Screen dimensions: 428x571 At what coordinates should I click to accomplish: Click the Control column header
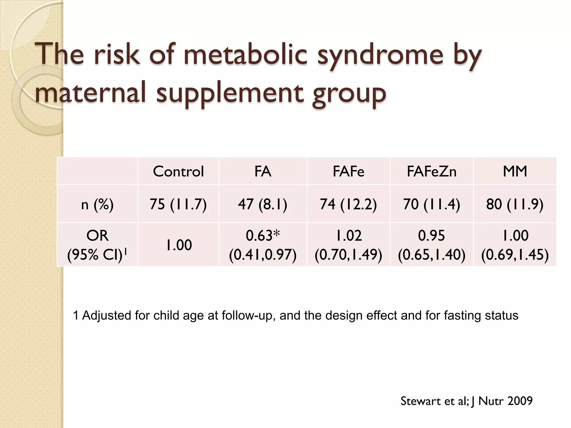(178, 171)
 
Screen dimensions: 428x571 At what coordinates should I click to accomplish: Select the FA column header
(263, 171)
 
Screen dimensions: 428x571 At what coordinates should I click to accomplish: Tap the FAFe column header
(348, 171)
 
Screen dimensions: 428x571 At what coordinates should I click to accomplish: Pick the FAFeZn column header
(432, 171)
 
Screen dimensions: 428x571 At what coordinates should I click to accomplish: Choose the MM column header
(515, 171)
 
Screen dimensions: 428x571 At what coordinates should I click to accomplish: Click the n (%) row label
(97, 205)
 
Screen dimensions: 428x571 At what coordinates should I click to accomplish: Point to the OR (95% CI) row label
(97, 245)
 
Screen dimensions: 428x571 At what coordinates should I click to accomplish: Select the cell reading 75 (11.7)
(178, 204)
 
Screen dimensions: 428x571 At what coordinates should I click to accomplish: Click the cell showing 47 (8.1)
(263, 204)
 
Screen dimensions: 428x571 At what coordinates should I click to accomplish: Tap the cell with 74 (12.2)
(348, 204)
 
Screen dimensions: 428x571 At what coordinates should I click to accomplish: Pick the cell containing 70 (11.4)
(432, 204)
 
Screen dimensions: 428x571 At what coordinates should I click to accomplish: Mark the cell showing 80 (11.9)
(515, 204)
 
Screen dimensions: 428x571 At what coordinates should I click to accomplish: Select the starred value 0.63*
(263, 236)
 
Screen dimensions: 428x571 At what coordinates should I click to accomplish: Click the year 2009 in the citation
(520, 401)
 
